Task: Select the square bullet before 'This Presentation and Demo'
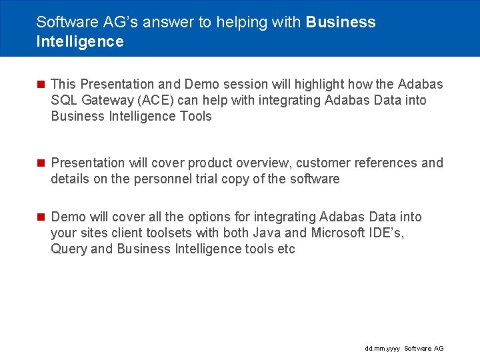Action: click(x=41, y=84)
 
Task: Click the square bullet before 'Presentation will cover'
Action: click(x=41, y=163)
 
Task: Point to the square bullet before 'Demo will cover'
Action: click(x=41, y=217)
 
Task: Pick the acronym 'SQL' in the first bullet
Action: click(x=64, y=100)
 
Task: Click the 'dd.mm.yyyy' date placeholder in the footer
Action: click(x=382, y=349)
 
